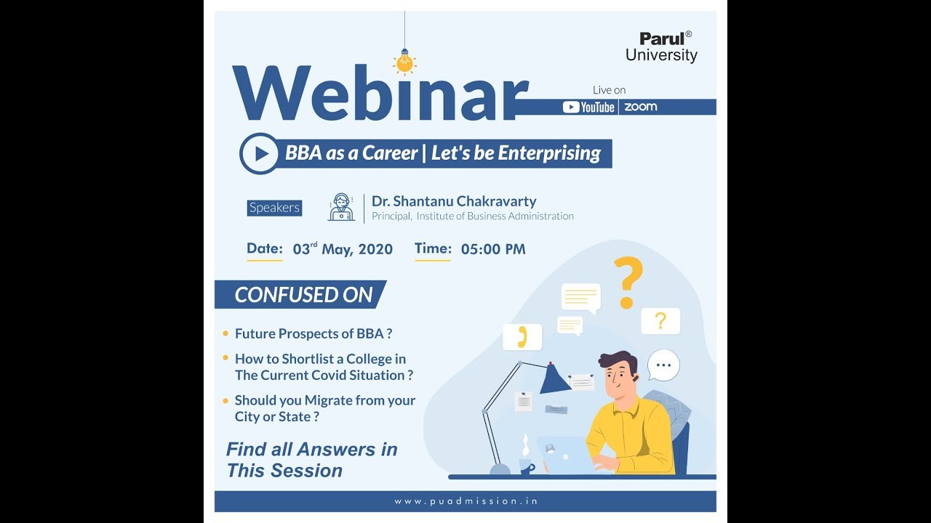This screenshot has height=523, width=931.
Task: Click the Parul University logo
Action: pyautogui.click(x=661, y=46)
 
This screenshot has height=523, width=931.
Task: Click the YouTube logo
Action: pyautogui.click(x=589, y=107)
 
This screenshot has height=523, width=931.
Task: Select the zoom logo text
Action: pyautogui.click(x=640, y=107)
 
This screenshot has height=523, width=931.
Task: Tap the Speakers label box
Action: pyautogui.click(x=274, y=208)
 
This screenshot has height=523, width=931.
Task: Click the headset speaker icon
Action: pyautogui.click(x=341, y=207)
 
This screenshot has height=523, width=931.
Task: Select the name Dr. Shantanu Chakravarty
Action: pyautogui.click(x=454, y=201)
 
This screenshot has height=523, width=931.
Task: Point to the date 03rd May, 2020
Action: pyautogui.click(x=343, y=249)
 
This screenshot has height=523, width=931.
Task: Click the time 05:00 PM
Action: pyautogui.click(x=492, y=249)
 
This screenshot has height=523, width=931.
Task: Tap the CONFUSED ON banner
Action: pyautogui.click(x=303, y=295)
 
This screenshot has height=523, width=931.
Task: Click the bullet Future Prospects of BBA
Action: pyautogui.click(x=313, y=333)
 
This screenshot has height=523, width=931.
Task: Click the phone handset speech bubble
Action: pyautogui.click(x=522, y=336)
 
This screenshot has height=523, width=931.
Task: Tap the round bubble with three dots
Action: pyautogui.click(x=663, y=365)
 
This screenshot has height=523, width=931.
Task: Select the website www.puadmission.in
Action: pyautogui.click(x=465, y=501)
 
